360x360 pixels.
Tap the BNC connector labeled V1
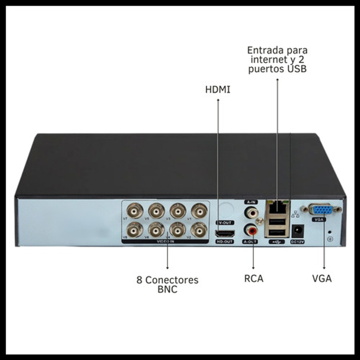click(199, 211)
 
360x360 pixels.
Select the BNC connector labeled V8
click(135, 229)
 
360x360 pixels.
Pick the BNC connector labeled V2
click(199, 229)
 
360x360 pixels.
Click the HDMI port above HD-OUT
click(225, 233)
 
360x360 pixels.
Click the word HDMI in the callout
click(218, 90)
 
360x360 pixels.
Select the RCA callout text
click(253, 279)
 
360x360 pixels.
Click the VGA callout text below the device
click(322, 279)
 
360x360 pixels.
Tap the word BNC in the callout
click(167, 289)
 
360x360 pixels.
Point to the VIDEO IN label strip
click(165, 242)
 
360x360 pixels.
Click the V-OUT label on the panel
click(225, 223)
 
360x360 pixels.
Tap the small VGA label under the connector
click(318, 219)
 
